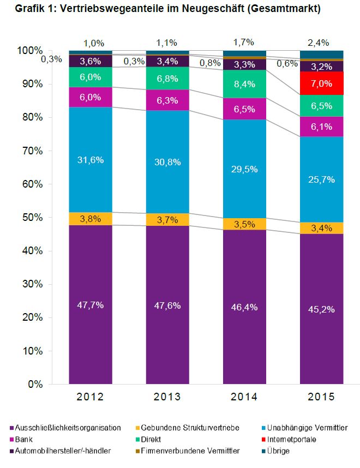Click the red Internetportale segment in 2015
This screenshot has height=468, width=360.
321,84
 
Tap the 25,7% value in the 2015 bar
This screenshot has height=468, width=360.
321,179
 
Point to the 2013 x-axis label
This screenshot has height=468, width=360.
167,396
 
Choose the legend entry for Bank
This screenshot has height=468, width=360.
24,439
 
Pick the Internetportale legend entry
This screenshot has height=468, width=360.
296,439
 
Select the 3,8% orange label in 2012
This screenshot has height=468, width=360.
91,219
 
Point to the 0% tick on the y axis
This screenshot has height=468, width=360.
35,384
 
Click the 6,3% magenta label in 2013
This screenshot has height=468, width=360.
167,100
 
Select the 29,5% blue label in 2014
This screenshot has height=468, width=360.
244,170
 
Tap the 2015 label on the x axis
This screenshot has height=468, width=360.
321,396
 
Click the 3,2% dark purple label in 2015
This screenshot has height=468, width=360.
321,67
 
